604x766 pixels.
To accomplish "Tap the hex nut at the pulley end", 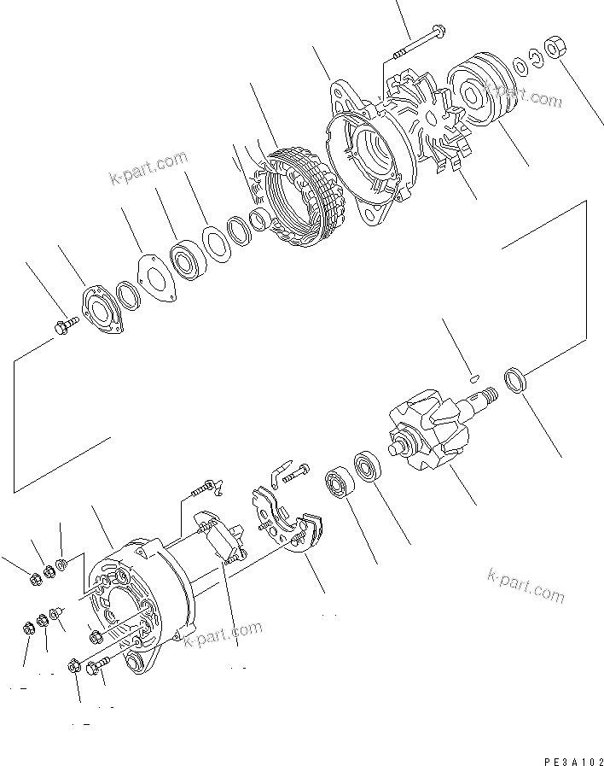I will pos(553,47).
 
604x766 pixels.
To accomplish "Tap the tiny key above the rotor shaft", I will pos(474,373).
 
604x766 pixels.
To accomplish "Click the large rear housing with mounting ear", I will pos(141,602).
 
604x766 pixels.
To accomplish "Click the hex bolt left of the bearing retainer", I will pos(65,325).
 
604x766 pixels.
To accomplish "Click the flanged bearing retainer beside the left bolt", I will pos(101,307).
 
